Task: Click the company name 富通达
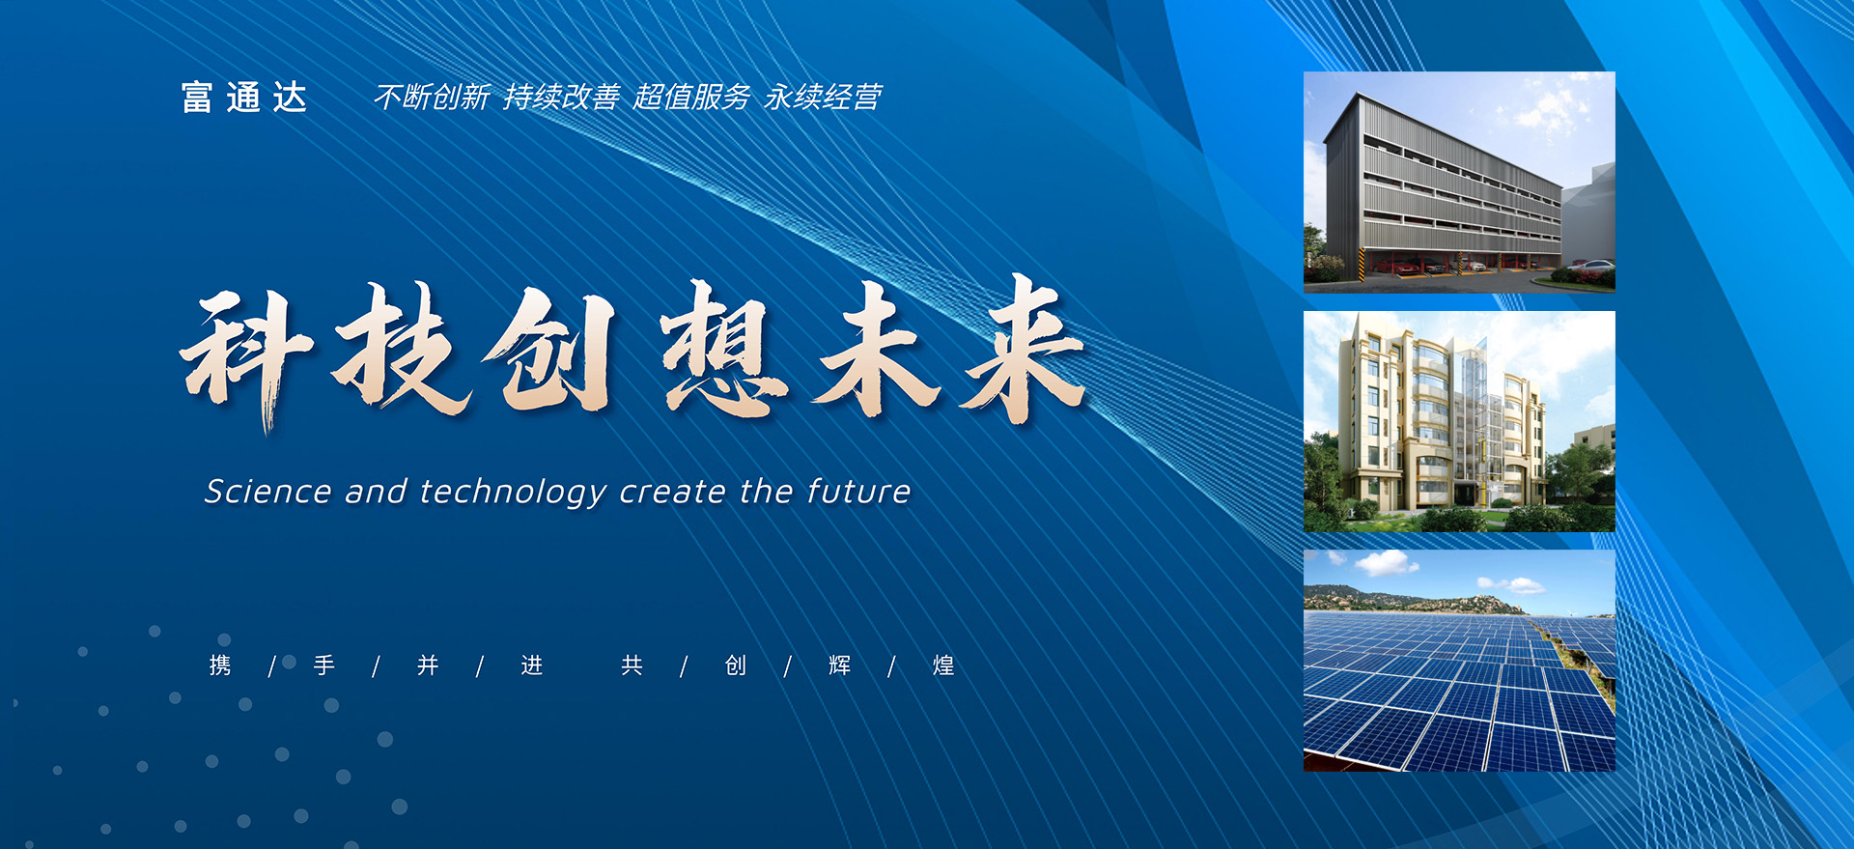pos(244,98)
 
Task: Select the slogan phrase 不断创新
pos(433,97)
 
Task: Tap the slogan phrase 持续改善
pos(562,97)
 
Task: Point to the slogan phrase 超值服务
pos(692,97)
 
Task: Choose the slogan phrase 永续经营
pos(823,97)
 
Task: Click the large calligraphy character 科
pos(247,357)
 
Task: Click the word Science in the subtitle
pos(268,492)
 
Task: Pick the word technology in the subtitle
pos(513,493)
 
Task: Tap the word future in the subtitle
pos(859,492)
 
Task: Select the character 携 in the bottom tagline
pos(220,665)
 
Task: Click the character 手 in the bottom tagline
pos(324,665)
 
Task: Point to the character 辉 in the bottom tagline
pos(840,665)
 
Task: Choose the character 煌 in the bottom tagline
pos(943,665)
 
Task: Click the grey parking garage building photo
pos(1459,182)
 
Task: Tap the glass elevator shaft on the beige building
pos(1474,415)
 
